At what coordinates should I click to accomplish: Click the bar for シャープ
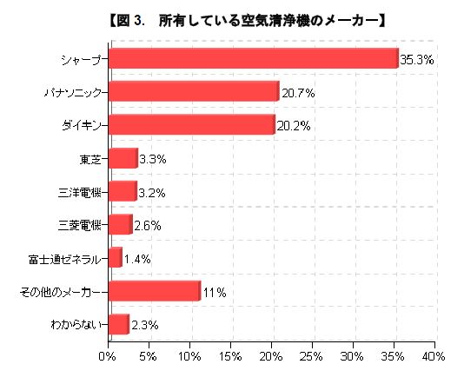click(x=252, y=58)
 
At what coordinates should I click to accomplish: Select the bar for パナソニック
click(x=193, y=91)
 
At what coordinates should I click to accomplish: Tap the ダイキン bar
click(x=190, y=124)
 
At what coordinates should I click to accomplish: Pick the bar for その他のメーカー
click(x=154, y=291)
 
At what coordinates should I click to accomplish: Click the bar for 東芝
click(x=123, y=158)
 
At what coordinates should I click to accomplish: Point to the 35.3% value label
click(x=416, y=60)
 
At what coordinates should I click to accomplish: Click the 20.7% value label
click(x=297, y=92)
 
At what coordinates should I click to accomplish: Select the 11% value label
click(x=215, y=293)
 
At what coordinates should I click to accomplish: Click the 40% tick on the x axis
click(x=434, y=356)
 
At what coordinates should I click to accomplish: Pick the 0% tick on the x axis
click(x=108, y=356)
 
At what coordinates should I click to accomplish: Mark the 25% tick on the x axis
click(x=311, y=356)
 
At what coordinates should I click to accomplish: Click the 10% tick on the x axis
click(x=189, y=356)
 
